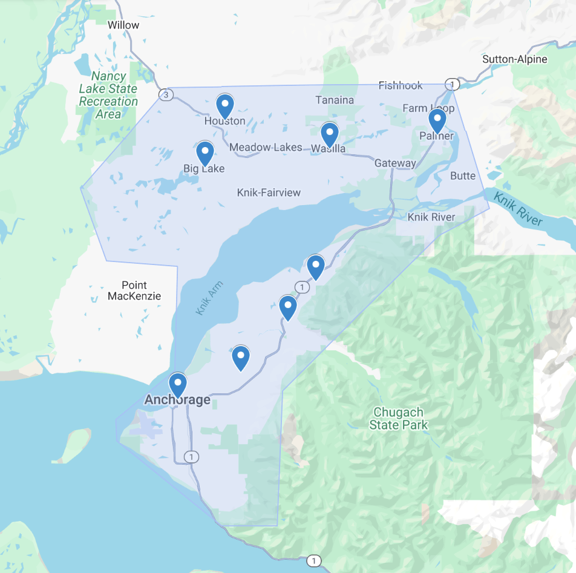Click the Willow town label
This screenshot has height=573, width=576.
123,25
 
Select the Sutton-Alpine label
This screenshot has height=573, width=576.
514,59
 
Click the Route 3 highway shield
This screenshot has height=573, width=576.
165,94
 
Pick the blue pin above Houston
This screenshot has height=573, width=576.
225,106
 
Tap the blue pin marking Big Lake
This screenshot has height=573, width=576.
205,153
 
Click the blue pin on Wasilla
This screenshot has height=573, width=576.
329,134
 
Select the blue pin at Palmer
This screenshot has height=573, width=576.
437,120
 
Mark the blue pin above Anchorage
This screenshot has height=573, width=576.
177,384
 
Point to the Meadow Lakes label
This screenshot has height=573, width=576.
266,147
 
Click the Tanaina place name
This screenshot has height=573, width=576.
335,100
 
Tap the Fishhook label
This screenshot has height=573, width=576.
401,85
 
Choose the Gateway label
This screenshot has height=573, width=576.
395,163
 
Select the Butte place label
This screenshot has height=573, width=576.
463,175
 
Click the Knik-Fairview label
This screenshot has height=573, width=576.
269,193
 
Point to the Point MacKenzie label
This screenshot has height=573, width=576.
134,290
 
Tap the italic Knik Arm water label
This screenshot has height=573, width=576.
209,298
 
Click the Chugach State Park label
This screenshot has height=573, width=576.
398,419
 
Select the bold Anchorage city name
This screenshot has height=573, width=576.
177,400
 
